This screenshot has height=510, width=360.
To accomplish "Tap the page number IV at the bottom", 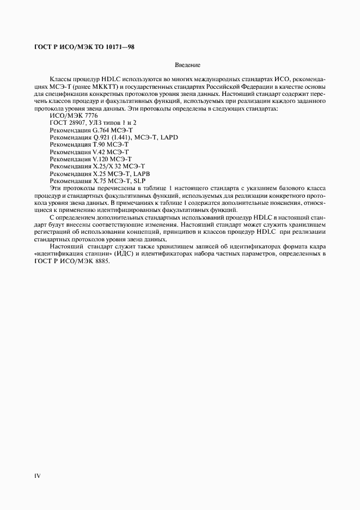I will (x=37, y=475).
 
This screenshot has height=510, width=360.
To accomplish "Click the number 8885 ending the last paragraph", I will (x=101, y=261).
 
